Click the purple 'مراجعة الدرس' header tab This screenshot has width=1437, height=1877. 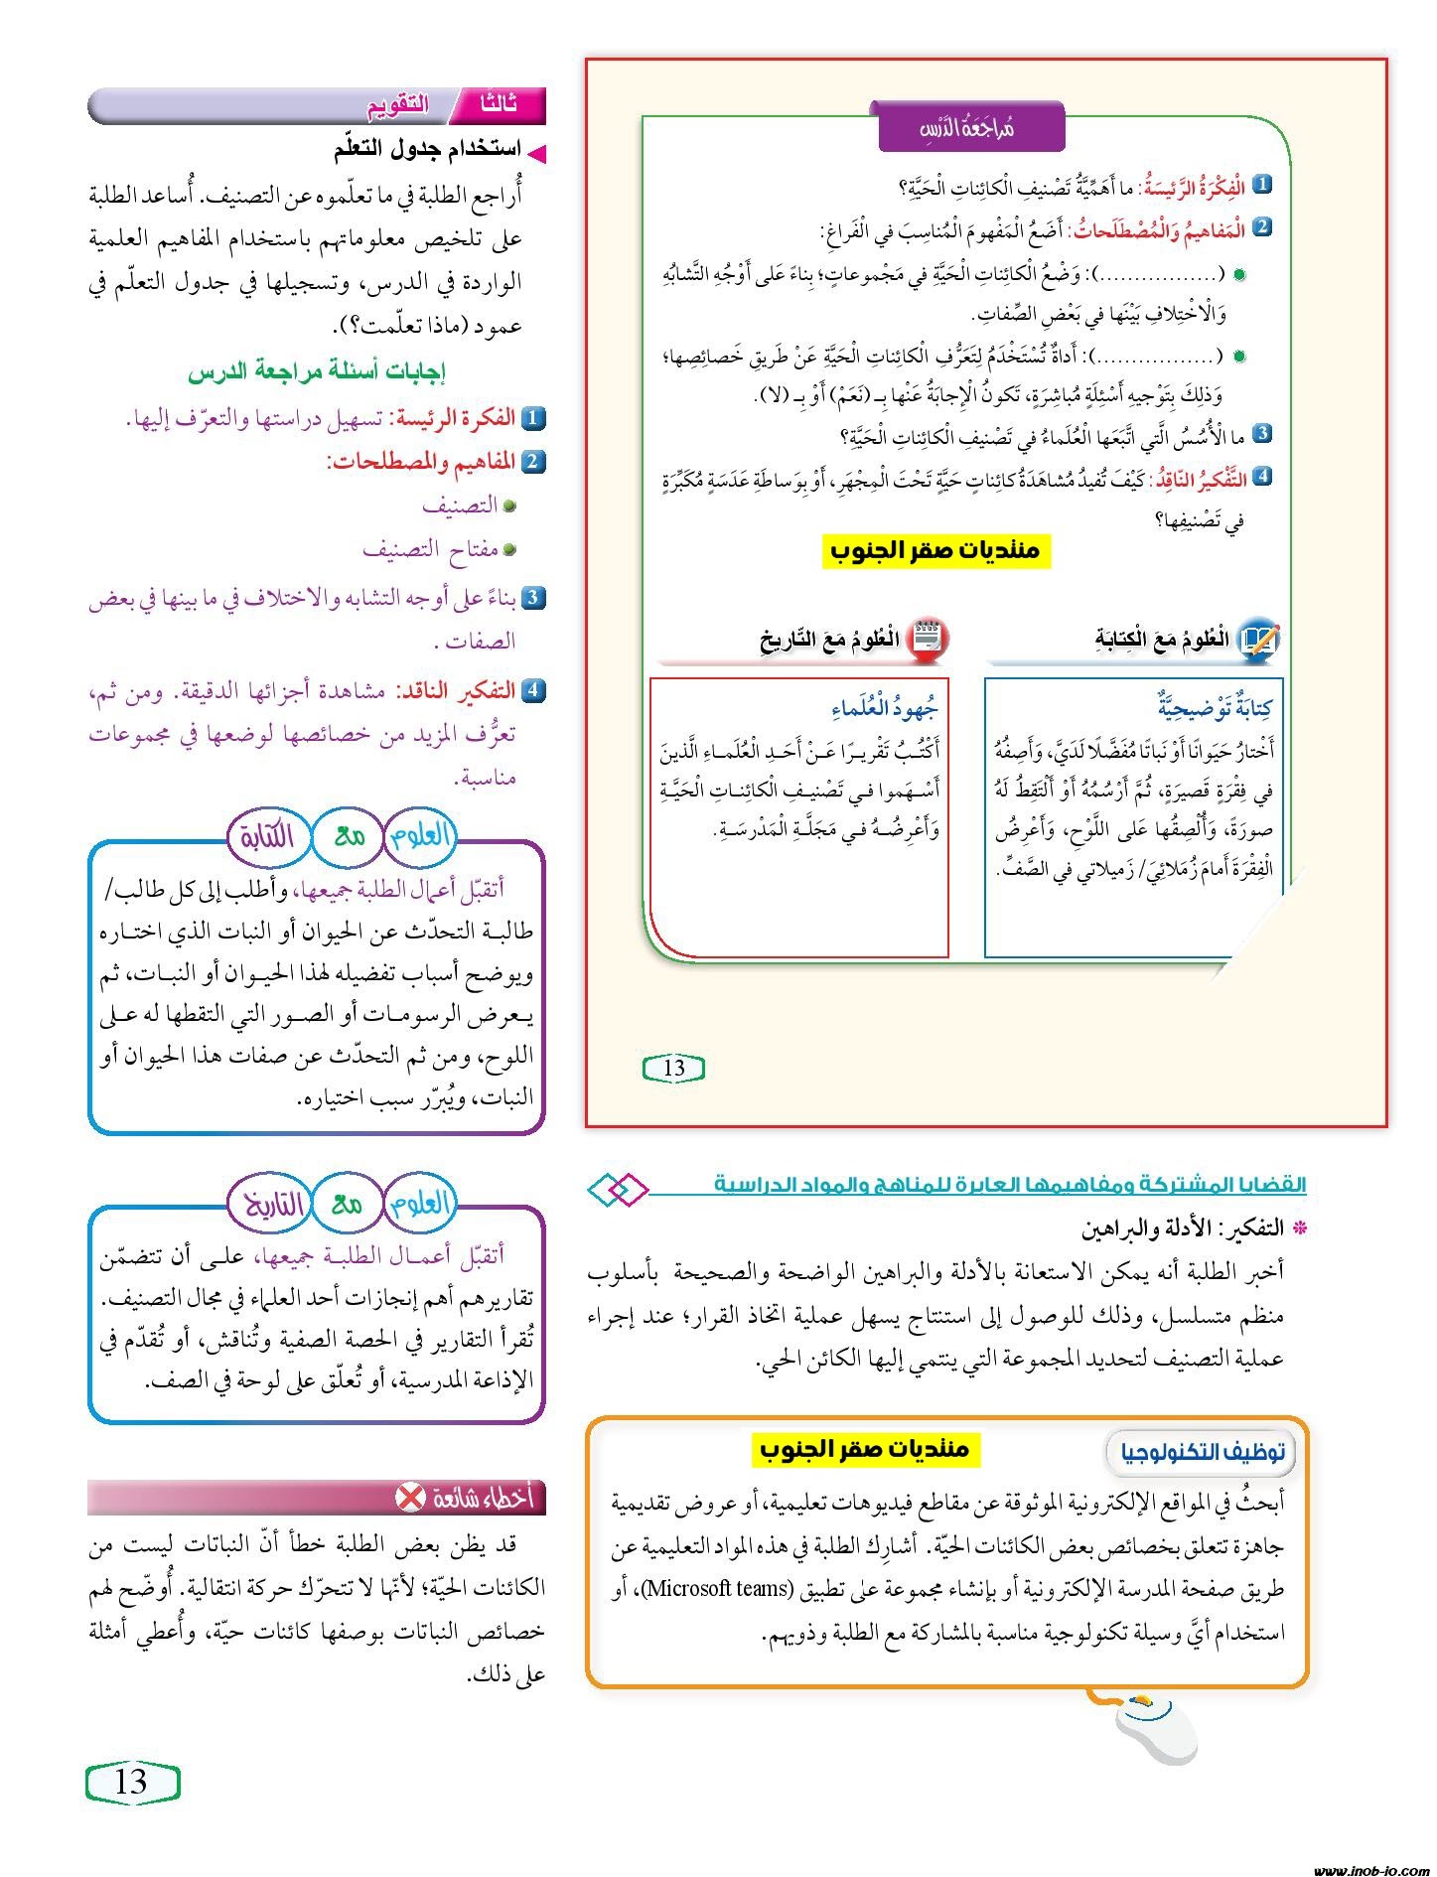(x=971, y=128)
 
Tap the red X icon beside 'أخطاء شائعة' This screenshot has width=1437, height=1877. (x=409, y=1498)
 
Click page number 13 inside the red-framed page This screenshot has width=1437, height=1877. (x=674, y=1068)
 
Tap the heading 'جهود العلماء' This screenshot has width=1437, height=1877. (x=885, y=708)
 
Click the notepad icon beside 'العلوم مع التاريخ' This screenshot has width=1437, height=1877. (x=929, y=638)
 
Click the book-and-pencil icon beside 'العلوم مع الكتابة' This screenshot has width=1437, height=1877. (x=1258, y=639)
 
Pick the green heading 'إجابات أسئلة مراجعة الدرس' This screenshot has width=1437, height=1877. (x=317, y=373)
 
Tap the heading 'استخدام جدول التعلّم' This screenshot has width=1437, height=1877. (x=427, y=150)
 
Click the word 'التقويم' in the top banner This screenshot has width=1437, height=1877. (x=397, y=104)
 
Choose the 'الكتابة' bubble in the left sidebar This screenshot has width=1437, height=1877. (x=266, y=836)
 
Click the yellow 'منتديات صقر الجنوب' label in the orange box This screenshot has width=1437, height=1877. (x=864, y=1449)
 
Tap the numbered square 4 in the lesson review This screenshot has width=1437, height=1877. (x=1262, y=477)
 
